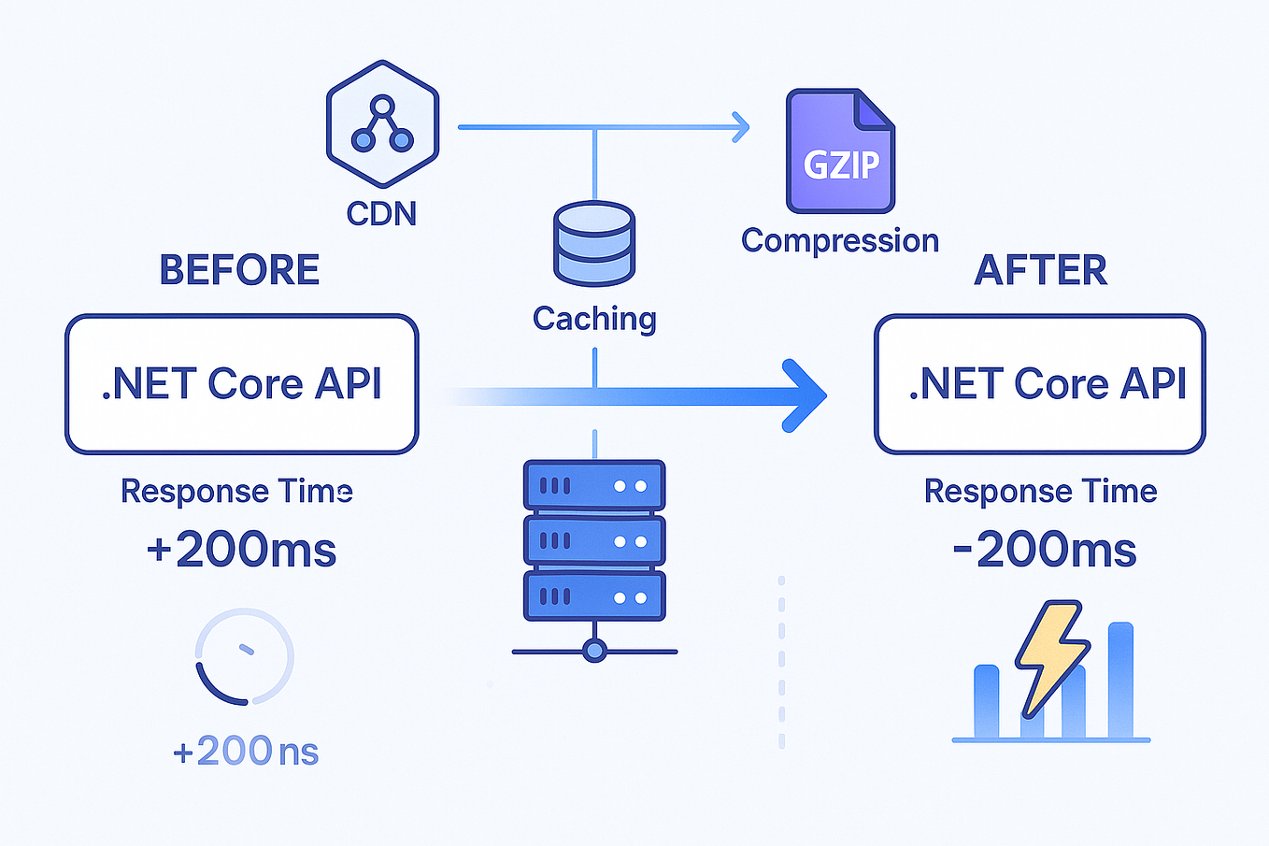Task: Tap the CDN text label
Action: pyautogui.click(x=381, y=214)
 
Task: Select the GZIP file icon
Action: pyautogui.click(x=840, y=151)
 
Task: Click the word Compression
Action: pyautogui.click(x=839, y=241)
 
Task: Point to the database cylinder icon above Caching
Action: pyautogui.click(x=594, y=243)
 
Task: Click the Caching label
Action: pyautogui.click(x=594, y=319)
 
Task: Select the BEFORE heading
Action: pyautogui.click(x=239, y=270)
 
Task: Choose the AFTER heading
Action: pyautogui.click(x=1040, y=270)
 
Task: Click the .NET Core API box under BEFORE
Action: pyautogui.click(x=242, y=384)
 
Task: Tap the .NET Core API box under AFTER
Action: pyautogui.click(x=1040, y=384)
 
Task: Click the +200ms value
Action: pyautogui.click(x=241, y=550)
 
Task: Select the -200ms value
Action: pyautogui.click(x=1044, y=550)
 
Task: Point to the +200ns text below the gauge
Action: pyautogui.click(x=246, y=752)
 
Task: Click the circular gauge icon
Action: pyautogui.click(x=245, y=656)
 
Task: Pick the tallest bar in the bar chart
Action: pyautogui.click(x=1120, y=680)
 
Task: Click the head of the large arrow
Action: pyautogui.click(x=804, y=395)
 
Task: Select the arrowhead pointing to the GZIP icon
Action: pyautogui.click(x=741, y=126)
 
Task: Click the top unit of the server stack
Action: pyautogui.click(x=594, y=485)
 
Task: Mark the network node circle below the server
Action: pyautogui.click(x=594, y=651)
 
